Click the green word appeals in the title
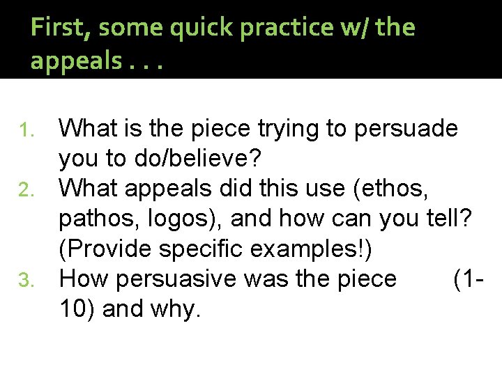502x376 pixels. coord(73,62)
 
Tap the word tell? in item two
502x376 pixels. coord(450,219)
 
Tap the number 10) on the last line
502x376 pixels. coord(77,309)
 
